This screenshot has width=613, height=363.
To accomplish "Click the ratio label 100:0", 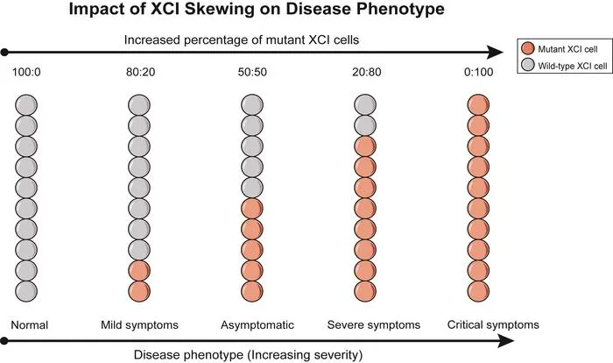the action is click(x=26, y=72).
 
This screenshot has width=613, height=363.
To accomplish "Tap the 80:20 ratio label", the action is click(x=140, y=72).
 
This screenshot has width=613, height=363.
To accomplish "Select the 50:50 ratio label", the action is click(x=252, y=72).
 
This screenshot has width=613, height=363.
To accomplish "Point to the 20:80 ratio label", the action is click(x=366, y=72).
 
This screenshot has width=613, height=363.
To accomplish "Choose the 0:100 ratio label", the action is click(x=478, y=72).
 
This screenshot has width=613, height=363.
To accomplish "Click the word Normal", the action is click(x=29, y=325).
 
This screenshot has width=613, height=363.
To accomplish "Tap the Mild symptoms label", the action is click(x=139, y=325).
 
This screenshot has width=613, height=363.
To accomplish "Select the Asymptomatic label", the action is click(x=257, y=325).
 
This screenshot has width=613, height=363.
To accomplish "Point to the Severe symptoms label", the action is click(x=374, y=325).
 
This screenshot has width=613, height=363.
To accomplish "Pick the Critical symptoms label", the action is click(x=493, y=325).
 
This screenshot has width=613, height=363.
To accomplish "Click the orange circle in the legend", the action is click(x=528, y=48).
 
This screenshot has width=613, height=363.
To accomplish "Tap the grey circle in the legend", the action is click(x=528, y=65).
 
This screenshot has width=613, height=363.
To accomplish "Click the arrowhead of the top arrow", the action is click(x=495, y=52).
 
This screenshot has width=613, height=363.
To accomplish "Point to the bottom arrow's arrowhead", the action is click(x=505, y=341).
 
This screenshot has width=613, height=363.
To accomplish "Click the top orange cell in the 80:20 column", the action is click(x=139, y=271).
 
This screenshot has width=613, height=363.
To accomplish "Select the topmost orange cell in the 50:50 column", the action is click(x=252, y=209).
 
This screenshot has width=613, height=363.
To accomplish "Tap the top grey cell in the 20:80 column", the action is click(x=365, y=105).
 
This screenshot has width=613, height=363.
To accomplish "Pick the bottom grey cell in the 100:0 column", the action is click(x=26, y=291).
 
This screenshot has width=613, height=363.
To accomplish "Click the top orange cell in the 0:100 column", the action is click(x=478, y=105).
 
